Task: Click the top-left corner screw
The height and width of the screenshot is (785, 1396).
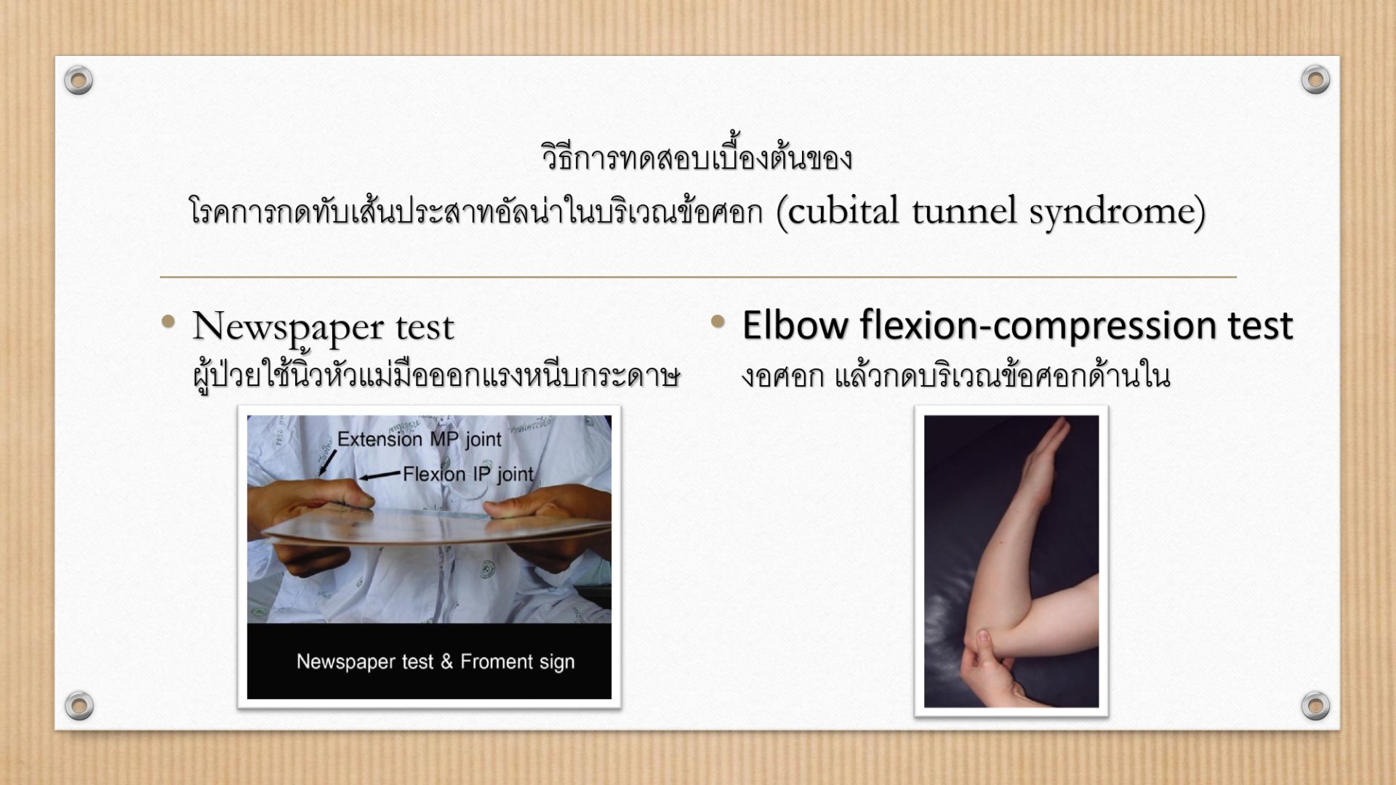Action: pos(79,80)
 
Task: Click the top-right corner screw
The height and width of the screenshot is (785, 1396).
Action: pos(1315,79)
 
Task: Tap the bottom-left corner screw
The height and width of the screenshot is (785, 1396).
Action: pos(79,705)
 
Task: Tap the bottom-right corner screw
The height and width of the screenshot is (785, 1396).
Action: pos(1315,705)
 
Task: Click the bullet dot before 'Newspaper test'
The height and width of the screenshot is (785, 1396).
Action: pos(169,321)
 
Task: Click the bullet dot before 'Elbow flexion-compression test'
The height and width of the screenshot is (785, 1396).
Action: pos(718,321)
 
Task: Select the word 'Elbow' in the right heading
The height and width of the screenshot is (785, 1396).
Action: pos(795,325)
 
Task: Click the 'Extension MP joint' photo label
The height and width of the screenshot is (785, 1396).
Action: pos(420,439)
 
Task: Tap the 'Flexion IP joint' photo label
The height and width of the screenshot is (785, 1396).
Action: pos(468,475)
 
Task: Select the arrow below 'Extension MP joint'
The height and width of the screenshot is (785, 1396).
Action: pos(327,463)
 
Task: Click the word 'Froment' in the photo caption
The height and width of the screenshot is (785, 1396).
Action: pos(493,661)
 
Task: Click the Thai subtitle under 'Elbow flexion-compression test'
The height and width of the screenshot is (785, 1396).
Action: pos(955,375)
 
